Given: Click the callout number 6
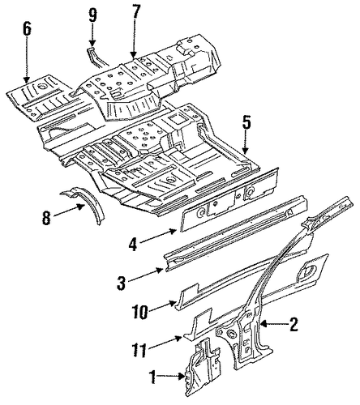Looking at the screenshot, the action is point(27,29).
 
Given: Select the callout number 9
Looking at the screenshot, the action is point(92,15).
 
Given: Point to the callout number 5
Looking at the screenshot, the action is point(246,124).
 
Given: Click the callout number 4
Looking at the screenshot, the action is point(132,244).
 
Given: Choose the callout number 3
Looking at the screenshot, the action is point(122,283).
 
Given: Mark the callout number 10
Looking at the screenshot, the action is point(141,312).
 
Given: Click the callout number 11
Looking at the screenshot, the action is point(139,350).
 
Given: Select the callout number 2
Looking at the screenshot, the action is point(293,324).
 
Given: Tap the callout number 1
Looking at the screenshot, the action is point(153,377).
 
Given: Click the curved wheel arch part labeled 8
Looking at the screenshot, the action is point(87,202).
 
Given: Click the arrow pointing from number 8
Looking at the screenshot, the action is point(69,211).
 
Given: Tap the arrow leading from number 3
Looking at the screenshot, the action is point(144,275).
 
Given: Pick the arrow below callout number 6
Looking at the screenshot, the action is point(27,62).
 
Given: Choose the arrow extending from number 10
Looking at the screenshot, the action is point(163,306).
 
